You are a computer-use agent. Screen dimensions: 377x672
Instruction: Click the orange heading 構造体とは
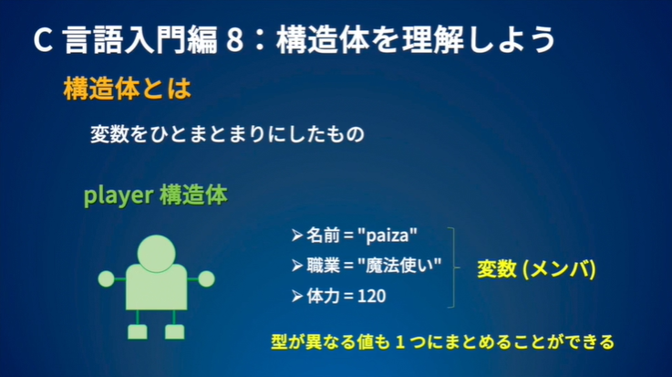pyautogui.click(x=127, y=89)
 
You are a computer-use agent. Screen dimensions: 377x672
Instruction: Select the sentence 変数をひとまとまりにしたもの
pyautogui.click(x=227, y=134)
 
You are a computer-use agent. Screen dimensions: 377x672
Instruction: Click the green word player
pyautogui.click(x=119, y=195)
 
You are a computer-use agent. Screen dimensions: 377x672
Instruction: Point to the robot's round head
pyautogui.click(x=156, y=252)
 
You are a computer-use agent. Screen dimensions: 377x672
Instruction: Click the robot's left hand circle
pyautogui.click(x=106, y=278)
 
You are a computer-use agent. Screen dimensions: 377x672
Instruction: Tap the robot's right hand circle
pyautogui.click(x=206, y=278)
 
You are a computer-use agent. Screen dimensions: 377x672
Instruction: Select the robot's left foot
pyautogui.click(x=138, y=331)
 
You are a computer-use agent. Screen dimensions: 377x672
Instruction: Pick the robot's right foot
pyautogui.click(x=174, y=331)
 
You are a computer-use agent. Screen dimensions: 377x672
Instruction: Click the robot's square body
pyautogui.click(x=156, y=286)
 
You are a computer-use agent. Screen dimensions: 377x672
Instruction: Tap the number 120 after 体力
pyautogui.click(x=373, y=297)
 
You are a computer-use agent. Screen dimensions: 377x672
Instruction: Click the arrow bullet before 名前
pyautogui.click(x=296, y=235)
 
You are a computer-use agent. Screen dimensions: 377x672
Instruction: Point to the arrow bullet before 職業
pyautogui.click(x=296, y=266)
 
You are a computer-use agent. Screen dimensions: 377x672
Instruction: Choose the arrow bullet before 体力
pyautogui.click(x=296, y=297)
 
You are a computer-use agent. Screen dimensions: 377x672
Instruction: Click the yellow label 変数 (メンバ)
pyautogui.click(x=536, y=269)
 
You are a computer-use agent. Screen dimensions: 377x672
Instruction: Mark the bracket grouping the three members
pyautogui.click(x=453, y=266)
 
